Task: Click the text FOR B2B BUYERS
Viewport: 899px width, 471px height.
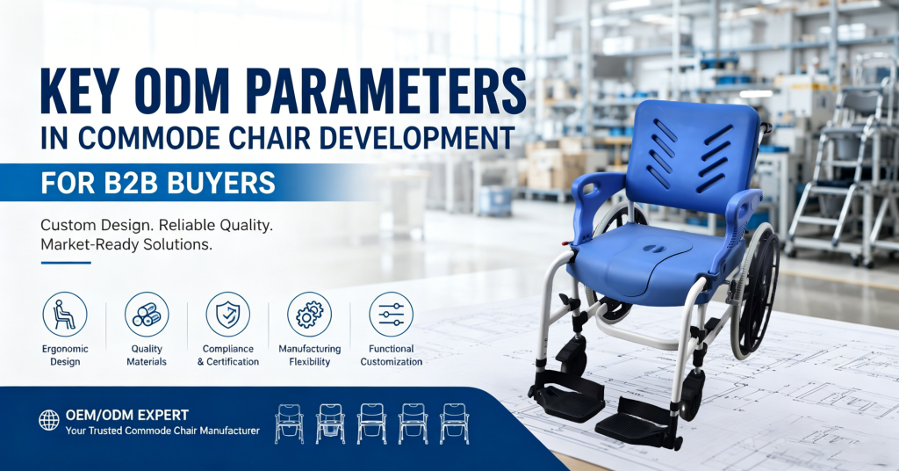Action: coord(158,183)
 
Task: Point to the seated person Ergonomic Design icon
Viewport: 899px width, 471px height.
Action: coord(65,315)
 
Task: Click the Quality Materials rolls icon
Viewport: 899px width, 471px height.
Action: coord(147,315)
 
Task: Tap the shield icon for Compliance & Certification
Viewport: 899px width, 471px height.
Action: coord(228,315)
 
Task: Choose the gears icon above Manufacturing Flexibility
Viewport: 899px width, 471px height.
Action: coord(310,315)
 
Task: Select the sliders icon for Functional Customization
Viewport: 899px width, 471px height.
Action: coord(391,315)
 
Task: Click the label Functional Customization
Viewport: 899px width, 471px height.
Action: coord(391,355)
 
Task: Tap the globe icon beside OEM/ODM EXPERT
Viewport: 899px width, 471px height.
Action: coord(49,420)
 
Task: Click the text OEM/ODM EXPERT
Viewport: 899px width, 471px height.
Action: coord(127,415)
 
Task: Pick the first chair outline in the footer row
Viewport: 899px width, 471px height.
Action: coord(289,424)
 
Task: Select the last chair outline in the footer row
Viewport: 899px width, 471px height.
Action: coord(454,424)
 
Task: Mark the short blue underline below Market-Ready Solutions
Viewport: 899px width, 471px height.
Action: coord(66,263)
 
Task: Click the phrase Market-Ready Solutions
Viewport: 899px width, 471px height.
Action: coord(126,244)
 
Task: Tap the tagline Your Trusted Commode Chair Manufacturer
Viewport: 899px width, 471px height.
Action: coord(162,431)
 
